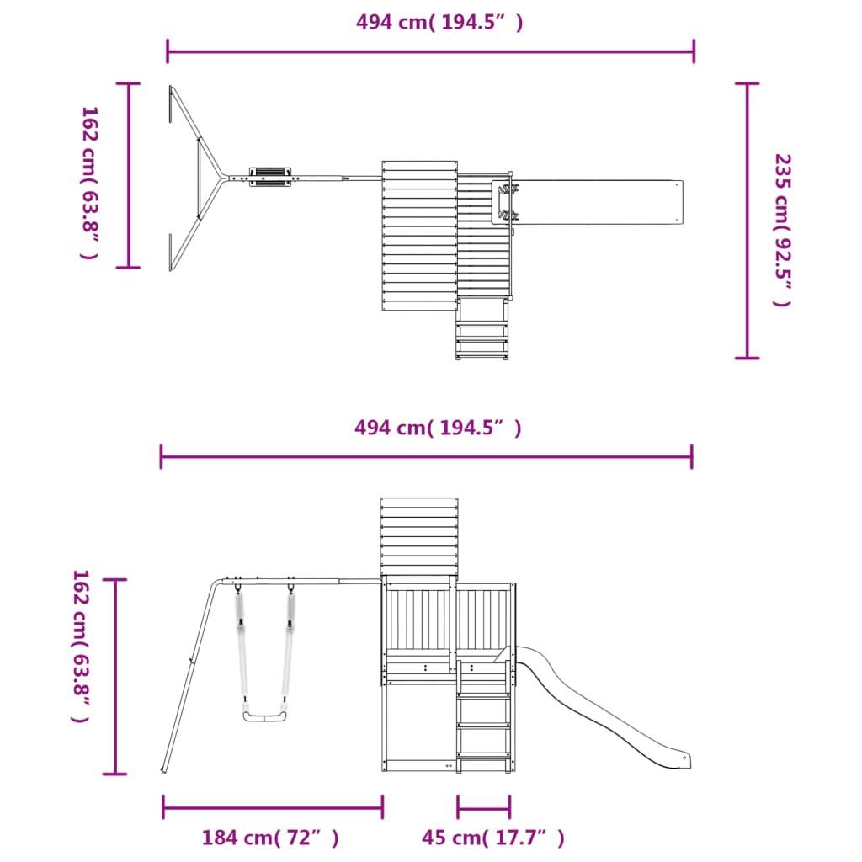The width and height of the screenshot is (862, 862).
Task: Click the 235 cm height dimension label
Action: [782, 231]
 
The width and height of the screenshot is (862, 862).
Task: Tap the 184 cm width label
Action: [270, 838]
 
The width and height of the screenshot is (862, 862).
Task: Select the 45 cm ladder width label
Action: [493, 838]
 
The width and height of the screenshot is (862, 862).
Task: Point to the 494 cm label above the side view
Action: [438, 428]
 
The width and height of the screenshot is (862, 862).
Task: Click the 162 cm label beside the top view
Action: [89, 183]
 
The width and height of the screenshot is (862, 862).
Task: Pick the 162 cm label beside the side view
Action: [81, 646]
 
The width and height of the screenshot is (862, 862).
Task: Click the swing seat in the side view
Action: [265, 716]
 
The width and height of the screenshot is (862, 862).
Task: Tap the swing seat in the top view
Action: [270, 178]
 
